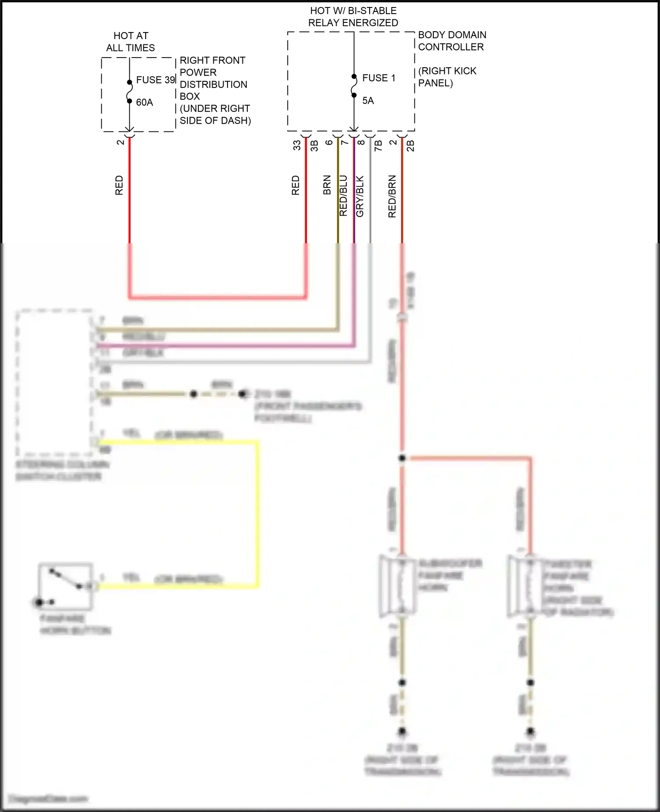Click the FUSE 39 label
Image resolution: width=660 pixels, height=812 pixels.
(155, 80)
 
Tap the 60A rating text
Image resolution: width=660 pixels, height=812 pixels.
(144, 102)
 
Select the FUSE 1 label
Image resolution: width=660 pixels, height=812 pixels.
(378, 78)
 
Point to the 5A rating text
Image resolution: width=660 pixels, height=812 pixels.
(368, 101)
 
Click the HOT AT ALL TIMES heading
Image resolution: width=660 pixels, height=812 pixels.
(131, 42)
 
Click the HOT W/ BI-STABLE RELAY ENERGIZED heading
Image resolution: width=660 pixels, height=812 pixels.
(353, 17)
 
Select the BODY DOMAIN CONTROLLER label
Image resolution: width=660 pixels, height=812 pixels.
(452, 41)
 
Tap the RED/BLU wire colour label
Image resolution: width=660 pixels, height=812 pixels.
(344, 196)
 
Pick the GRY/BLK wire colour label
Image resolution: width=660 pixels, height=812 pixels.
(360, 196)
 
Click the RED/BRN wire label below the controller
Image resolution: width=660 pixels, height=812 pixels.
(392, 196)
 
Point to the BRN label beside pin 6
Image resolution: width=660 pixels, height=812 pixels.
(327, 185)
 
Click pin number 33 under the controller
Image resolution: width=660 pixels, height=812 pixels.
(297, 145)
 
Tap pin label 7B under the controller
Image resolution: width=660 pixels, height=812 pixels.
(378, 146)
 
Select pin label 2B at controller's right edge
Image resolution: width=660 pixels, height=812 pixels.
(410, 146)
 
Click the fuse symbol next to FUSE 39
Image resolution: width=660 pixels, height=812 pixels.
(129, 91)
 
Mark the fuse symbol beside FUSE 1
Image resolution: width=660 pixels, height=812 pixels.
(354, 86)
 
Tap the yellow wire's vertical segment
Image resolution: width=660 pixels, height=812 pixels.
(257, 512)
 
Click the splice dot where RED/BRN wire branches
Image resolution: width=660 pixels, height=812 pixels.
(402, 458)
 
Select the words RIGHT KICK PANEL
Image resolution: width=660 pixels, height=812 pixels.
(447, 77)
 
